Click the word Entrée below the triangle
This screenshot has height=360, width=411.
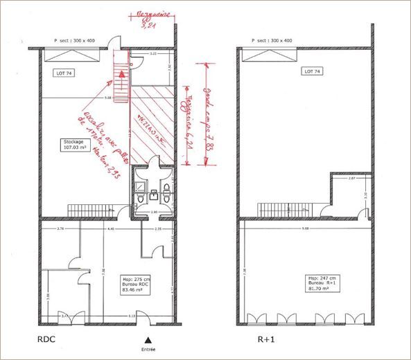147,349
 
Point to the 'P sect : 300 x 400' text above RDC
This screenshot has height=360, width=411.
78,41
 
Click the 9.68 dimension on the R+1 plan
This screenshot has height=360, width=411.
306,229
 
